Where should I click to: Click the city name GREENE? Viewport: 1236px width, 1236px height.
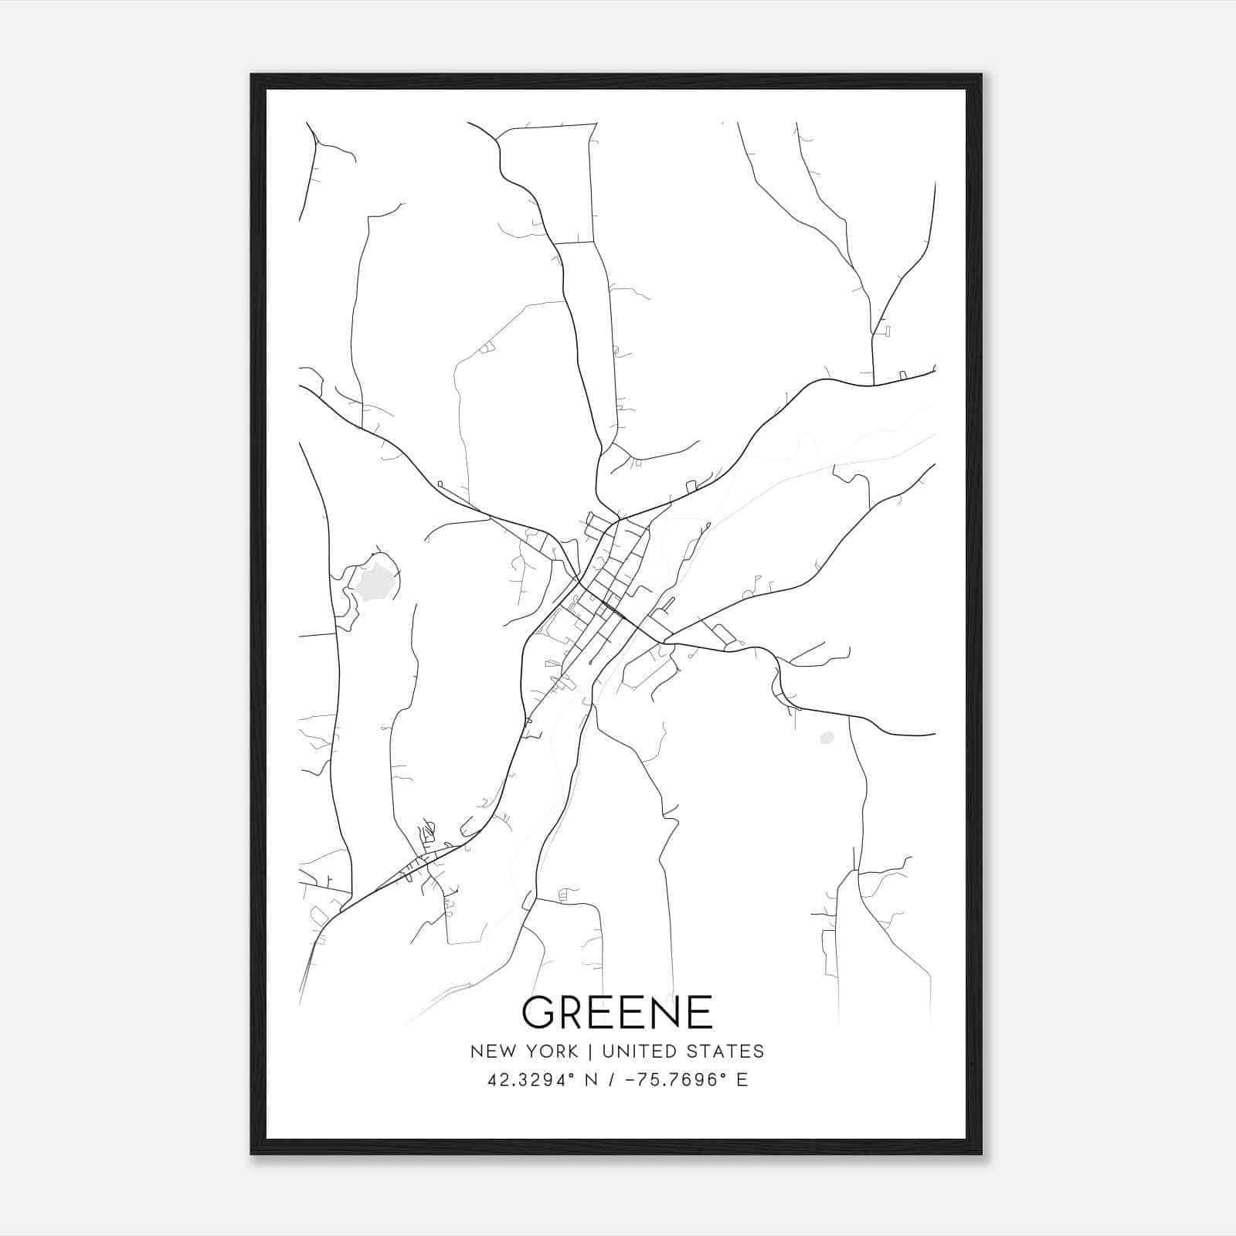617,1012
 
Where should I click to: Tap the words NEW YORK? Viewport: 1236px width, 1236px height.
524,1051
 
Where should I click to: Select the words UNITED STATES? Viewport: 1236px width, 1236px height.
683,1051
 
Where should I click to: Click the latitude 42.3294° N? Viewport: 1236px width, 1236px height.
541,1080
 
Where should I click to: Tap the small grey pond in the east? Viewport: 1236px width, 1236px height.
827,738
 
